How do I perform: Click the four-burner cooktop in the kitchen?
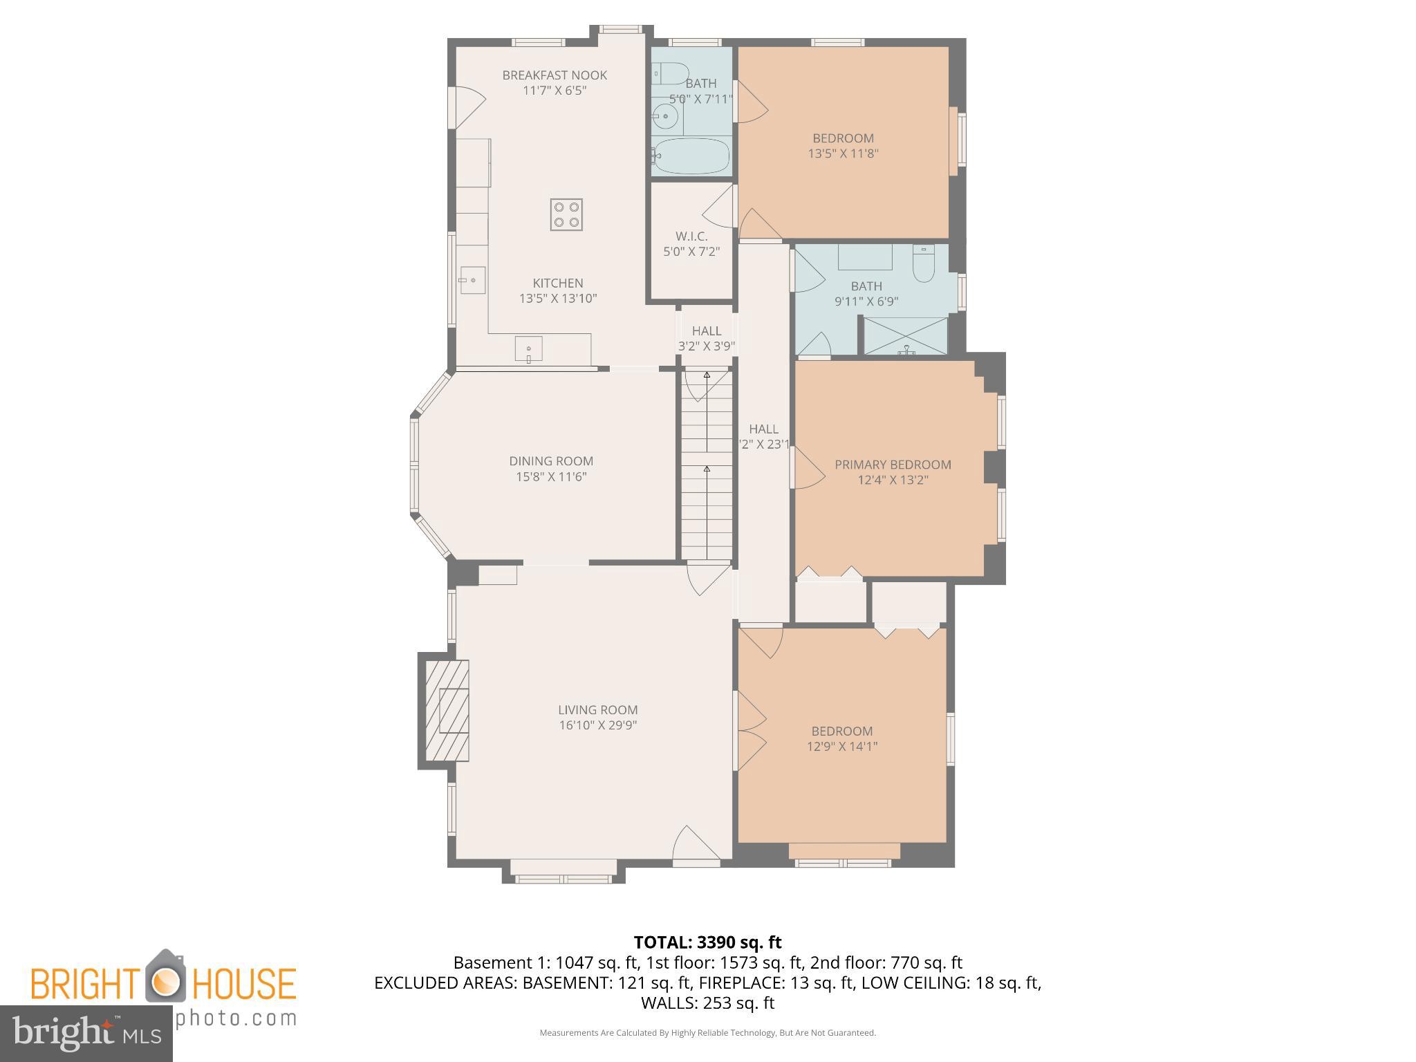pos(566,214)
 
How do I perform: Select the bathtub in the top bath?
pos(691,156)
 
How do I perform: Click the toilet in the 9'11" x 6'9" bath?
pos(924,265)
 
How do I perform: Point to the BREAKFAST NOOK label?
pos(555,75)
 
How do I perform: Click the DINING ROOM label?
pos(551,461)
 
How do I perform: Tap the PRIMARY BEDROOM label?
pos(893,465)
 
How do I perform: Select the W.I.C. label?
pos(691,236)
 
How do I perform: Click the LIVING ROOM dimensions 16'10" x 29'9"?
pos(598,725)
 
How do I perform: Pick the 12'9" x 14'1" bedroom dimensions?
pos(842,746)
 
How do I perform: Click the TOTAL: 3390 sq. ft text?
pos(707,942)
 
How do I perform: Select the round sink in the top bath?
pos(665,117)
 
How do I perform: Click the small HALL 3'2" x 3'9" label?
pos(706,339)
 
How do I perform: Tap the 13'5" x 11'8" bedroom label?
pos(843,146)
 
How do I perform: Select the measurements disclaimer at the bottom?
pos(707,1033)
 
